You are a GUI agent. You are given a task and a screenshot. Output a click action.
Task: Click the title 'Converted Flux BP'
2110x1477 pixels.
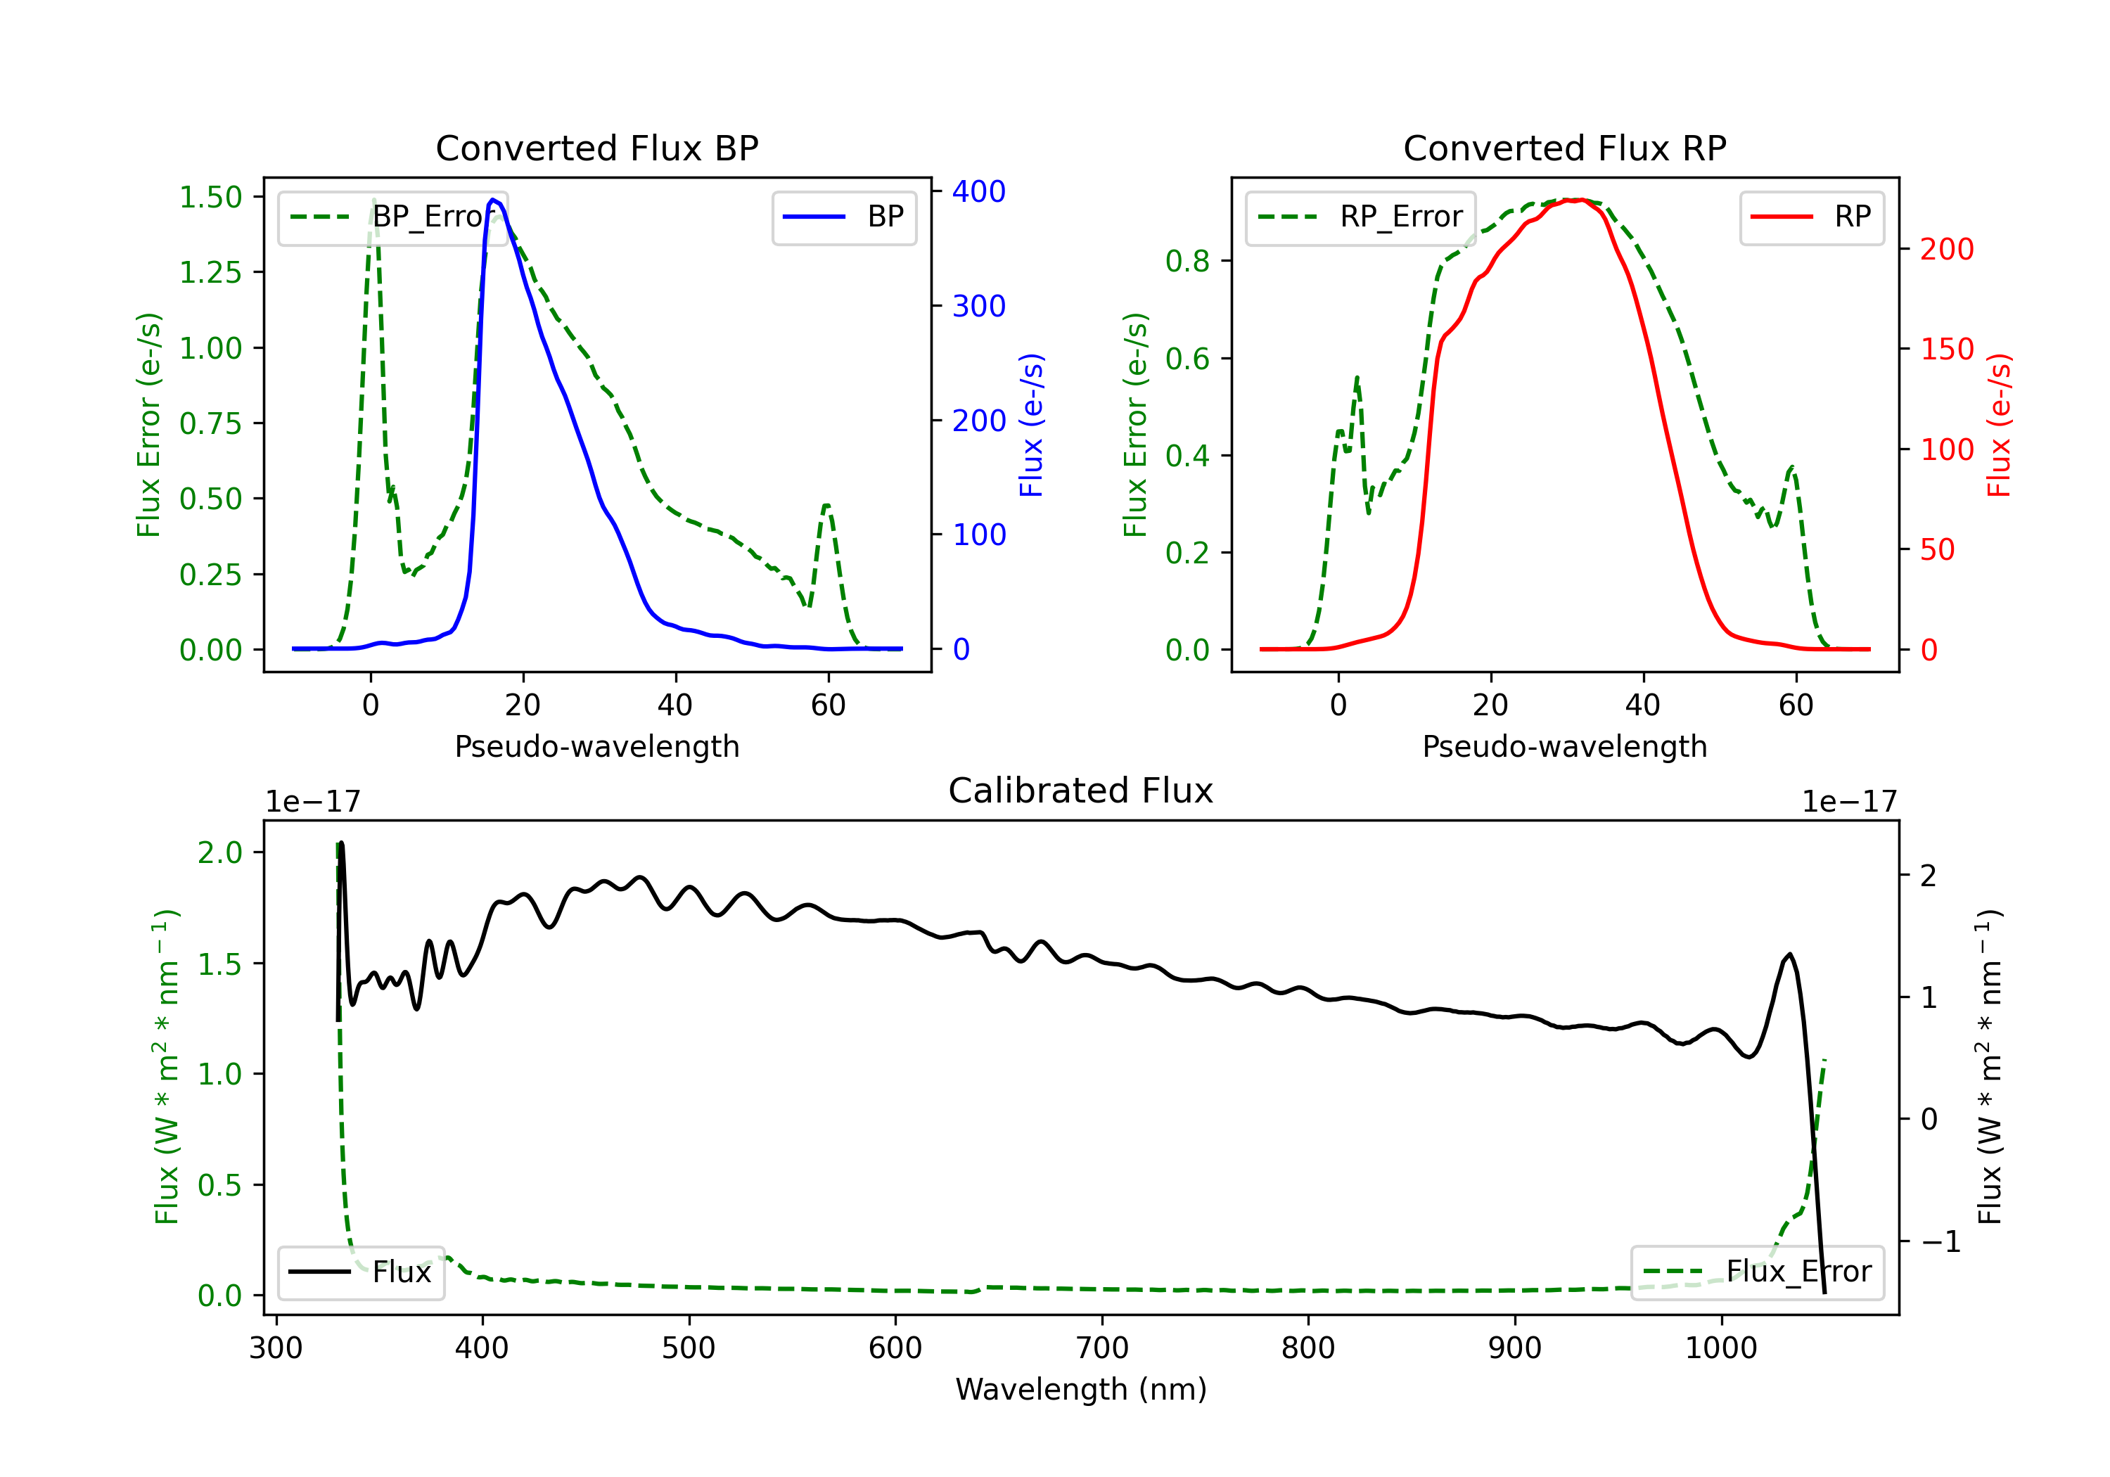[x=597, y=148]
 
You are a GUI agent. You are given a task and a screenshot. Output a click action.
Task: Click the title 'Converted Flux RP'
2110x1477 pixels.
[x=1565, y=148]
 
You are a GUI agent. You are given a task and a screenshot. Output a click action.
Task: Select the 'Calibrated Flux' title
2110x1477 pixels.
[x=1081, y=791]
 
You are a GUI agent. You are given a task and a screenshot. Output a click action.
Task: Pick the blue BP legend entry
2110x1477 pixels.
[x=843, y=217]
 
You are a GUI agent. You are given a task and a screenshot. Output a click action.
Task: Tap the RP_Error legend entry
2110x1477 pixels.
[x=1360, y=217]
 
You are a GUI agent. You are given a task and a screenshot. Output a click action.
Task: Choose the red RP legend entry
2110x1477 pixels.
[x=1811, y=217]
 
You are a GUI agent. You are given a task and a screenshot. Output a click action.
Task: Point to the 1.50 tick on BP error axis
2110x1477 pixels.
[x=210, y=197]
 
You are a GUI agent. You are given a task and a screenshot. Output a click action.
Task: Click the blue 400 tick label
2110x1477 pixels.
[x=979, y=191]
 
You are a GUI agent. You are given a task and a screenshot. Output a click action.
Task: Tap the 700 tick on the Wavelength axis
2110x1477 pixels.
[x=1102, y=1348]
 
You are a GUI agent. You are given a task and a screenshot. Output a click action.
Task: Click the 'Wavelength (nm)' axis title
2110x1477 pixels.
[x=1081, y=1389]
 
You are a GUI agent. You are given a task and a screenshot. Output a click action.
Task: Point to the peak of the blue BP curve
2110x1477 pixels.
[x=494, y=200]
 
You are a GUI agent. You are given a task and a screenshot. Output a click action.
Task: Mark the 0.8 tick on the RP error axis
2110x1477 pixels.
[x=1187, y=261]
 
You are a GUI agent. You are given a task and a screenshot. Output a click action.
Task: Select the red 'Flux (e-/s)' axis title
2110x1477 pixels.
[x=2000, y=425]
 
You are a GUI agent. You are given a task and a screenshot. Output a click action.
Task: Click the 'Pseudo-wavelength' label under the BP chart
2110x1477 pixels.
[x=597, y=746]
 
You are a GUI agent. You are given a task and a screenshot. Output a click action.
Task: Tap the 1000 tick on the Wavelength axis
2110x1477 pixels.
[x=1721, y=1348]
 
